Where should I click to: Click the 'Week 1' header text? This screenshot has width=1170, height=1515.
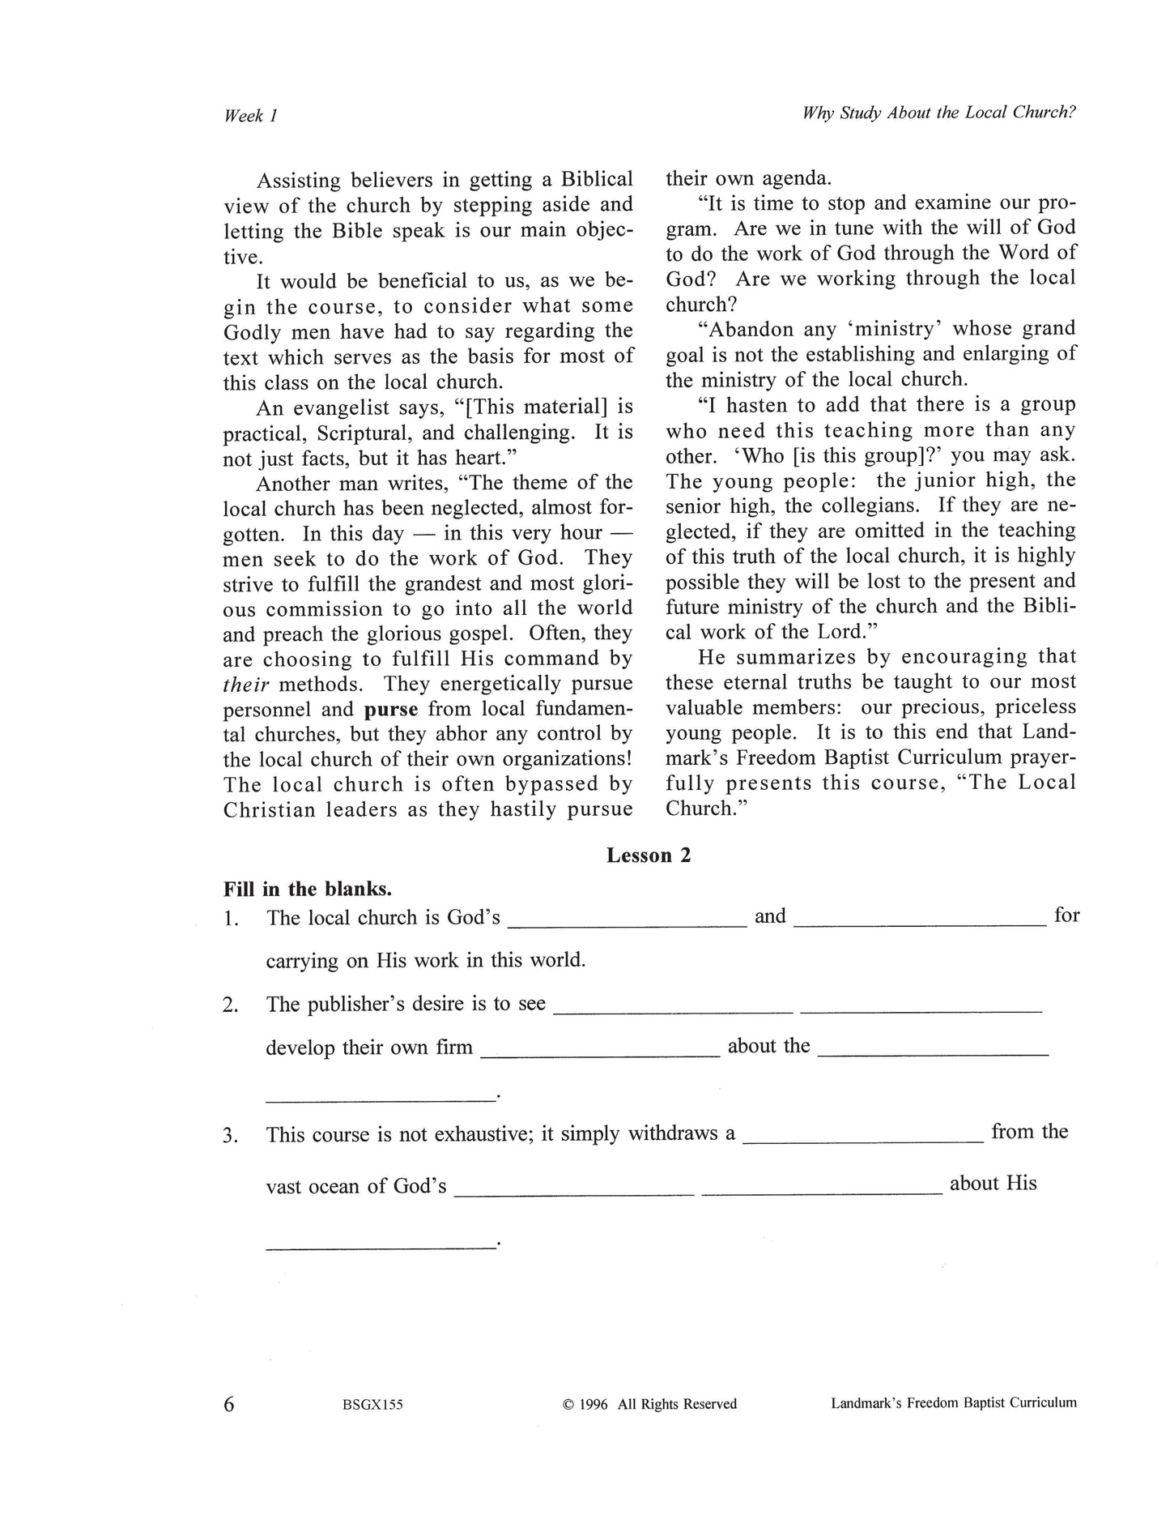[250, 116]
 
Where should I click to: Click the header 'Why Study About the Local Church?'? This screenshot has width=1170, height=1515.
[938, 113]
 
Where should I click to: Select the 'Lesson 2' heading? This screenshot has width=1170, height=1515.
[649, 856]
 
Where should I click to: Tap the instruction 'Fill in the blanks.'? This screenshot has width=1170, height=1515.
[308, 889]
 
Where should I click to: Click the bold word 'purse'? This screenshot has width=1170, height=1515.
[391, 709]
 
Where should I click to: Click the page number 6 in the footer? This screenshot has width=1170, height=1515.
[229, 1403]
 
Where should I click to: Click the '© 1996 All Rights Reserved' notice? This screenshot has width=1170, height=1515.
[649, 1404]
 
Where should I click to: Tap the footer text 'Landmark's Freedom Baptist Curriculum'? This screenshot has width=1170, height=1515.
[953, 1402]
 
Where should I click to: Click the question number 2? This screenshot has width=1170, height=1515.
[230, 1005]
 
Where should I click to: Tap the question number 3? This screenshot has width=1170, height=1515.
[230, 1135]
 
